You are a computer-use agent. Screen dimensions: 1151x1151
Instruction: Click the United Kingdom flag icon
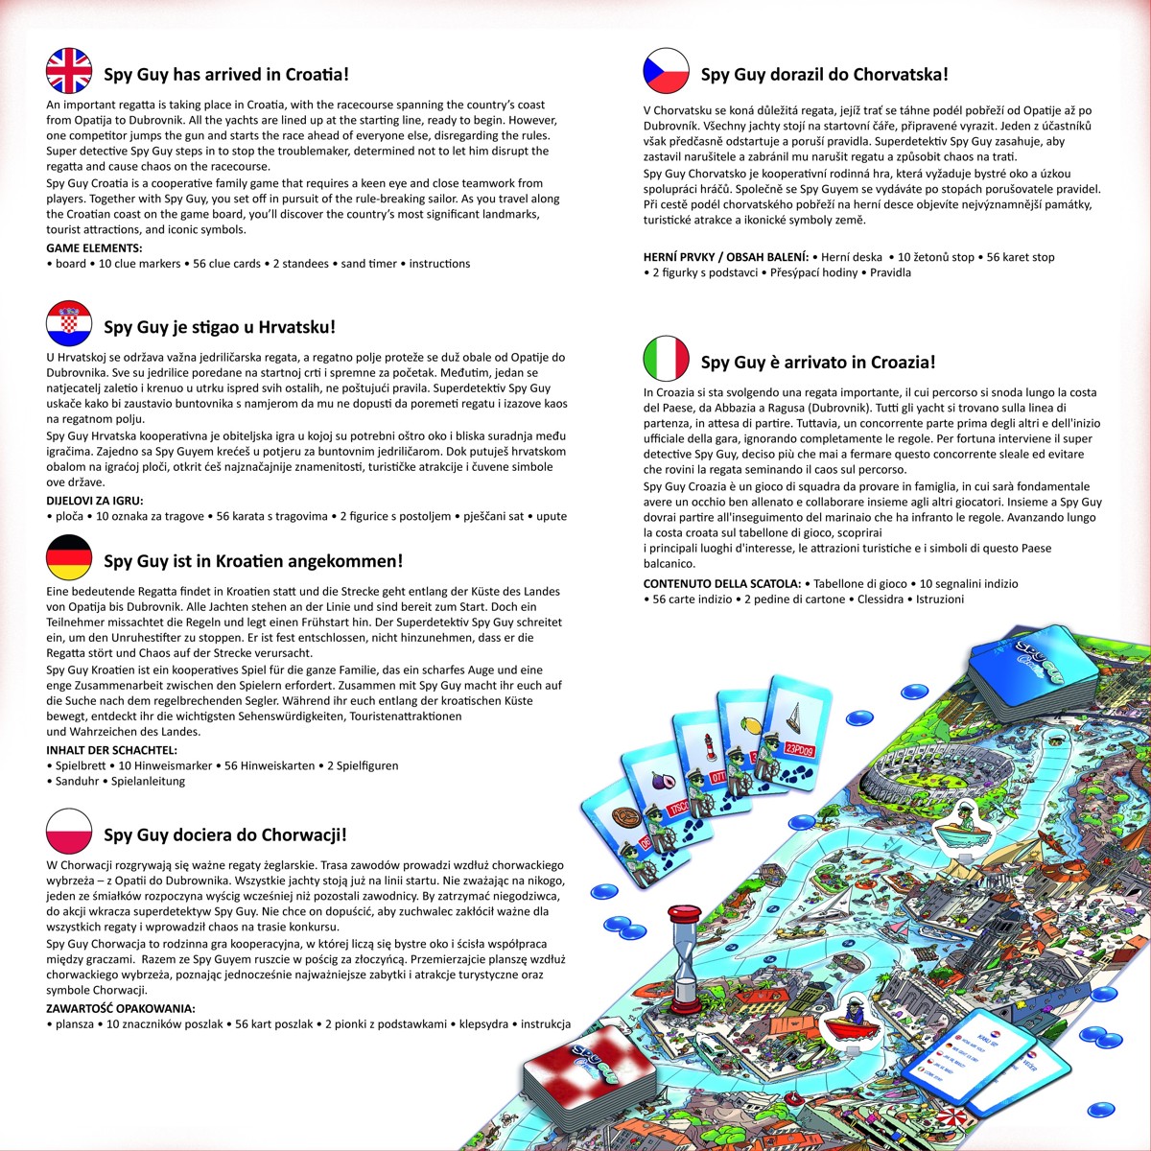[69, 71]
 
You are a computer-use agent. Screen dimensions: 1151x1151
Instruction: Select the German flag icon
[69, 558]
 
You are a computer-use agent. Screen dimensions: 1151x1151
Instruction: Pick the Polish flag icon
[69, 832]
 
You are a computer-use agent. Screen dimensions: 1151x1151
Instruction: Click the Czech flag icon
[667, 71]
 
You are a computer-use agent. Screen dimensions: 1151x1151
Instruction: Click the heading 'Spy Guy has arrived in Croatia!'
[226, 74]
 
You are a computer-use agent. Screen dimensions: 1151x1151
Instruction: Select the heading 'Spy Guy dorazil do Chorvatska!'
[824, 74]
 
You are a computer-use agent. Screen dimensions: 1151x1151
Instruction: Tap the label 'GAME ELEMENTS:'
[94, 248]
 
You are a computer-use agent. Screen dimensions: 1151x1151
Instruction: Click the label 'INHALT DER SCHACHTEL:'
[111, 750]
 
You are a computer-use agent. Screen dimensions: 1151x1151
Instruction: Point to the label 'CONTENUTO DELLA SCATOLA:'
[721, 583]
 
